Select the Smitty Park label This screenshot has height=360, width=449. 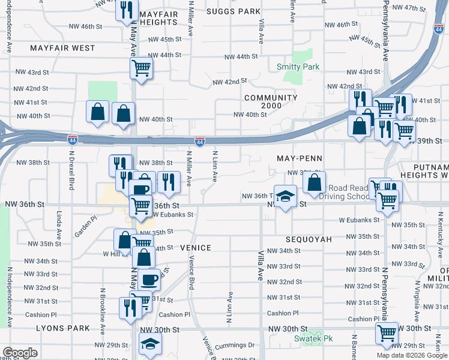(x=298, y=67)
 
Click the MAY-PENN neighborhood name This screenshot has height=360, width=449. (x=300, y=158)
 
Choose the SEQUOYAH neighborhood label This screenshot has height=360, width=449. (x=309, y=239)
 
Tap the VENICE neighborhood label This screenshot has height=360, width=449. (x=195, y=248)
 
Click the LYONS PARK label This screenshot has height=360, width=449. (x=63, y=328)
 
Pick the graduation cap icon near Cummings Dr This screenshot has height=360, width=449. (x=150, y=344)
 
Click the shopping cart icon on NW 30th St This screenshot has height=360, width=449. (x=387, y=332)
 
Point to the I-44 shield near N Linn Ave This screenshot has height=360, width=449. (x=200, y=142)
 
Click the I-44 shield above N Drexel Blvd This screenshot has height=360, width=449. (x=72, y=140)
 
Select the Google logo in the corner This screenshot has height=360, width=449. (x=20, y=353)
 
